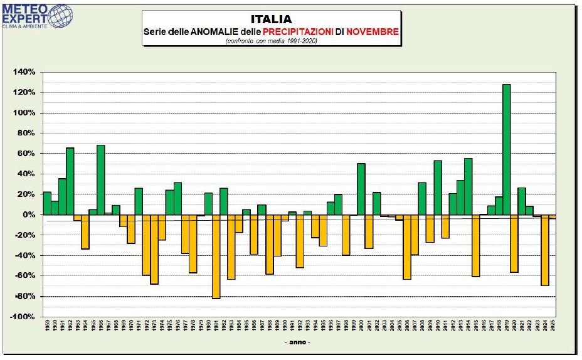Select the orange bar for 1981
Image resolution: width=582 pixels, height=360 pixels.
coord(216,257)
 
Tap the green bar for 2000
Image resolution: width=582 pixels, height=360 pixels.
coord(361,189)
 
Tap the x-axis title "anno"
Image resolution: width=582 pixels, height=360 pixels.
coord(297,342)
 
